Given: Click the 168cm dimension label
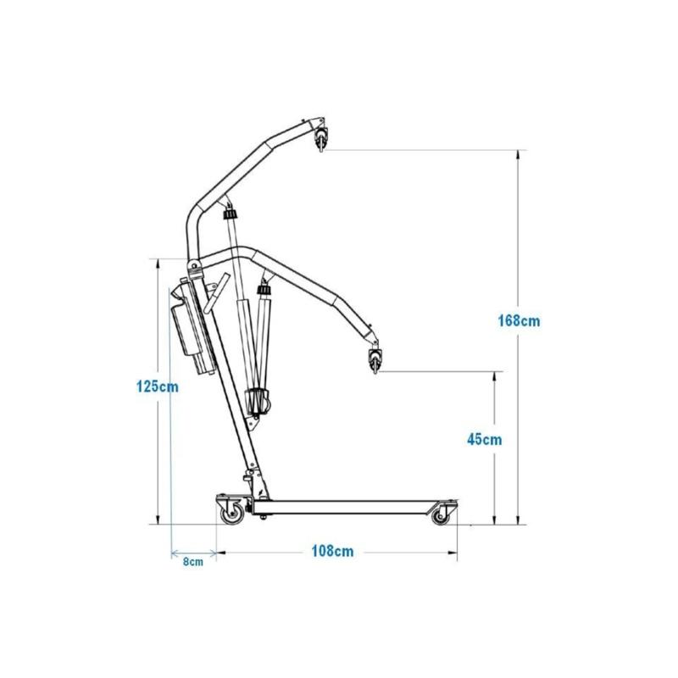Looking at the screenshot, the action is coord(519,321).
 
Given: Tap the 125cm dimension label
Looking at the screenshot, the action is coord(158,386).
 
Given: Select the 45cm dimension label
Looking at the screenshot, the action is coord(484,439).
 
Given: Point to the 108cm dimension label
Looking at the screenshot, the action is coord(332,552).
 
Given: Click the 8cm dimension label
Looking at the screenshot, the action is coord(193,562).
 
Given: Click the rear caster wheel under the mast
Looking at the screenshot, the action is coord(232,514).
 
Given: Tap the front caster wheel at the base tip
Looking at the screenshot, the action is coord(441,515).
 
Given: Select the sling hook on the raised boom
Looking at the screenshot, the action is coord(321,138).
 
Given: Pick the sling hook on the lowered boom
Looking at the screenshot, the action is coord(375,358).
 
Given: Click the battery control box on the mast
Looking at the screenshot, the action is coord(193,327).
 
